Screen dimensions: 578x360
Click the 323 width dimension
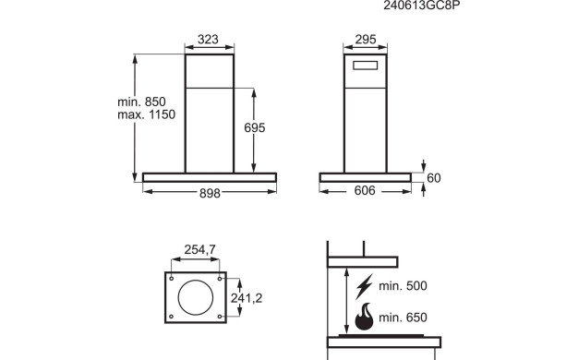(x=208, y=40)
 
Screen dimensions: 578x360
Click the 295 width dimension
(x=366, y=40)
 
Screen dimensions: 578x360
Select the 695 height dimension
(x=255, y=128)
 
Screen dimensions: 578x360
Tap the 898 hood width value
(x=210, y=193)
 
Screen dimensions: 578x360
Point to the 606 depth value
(x=365, y=190)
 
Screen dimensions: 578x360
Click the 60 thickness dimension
(x=434, y=178)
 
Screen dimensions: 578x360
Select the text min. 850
(x=141, y=102)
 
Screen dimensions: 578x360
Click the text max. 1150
(x=146, y=114)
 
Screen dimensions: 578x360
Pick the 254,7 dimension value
(x=199, y=250)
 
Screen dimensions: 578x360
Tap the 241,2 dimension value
(x=247, y=298)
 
